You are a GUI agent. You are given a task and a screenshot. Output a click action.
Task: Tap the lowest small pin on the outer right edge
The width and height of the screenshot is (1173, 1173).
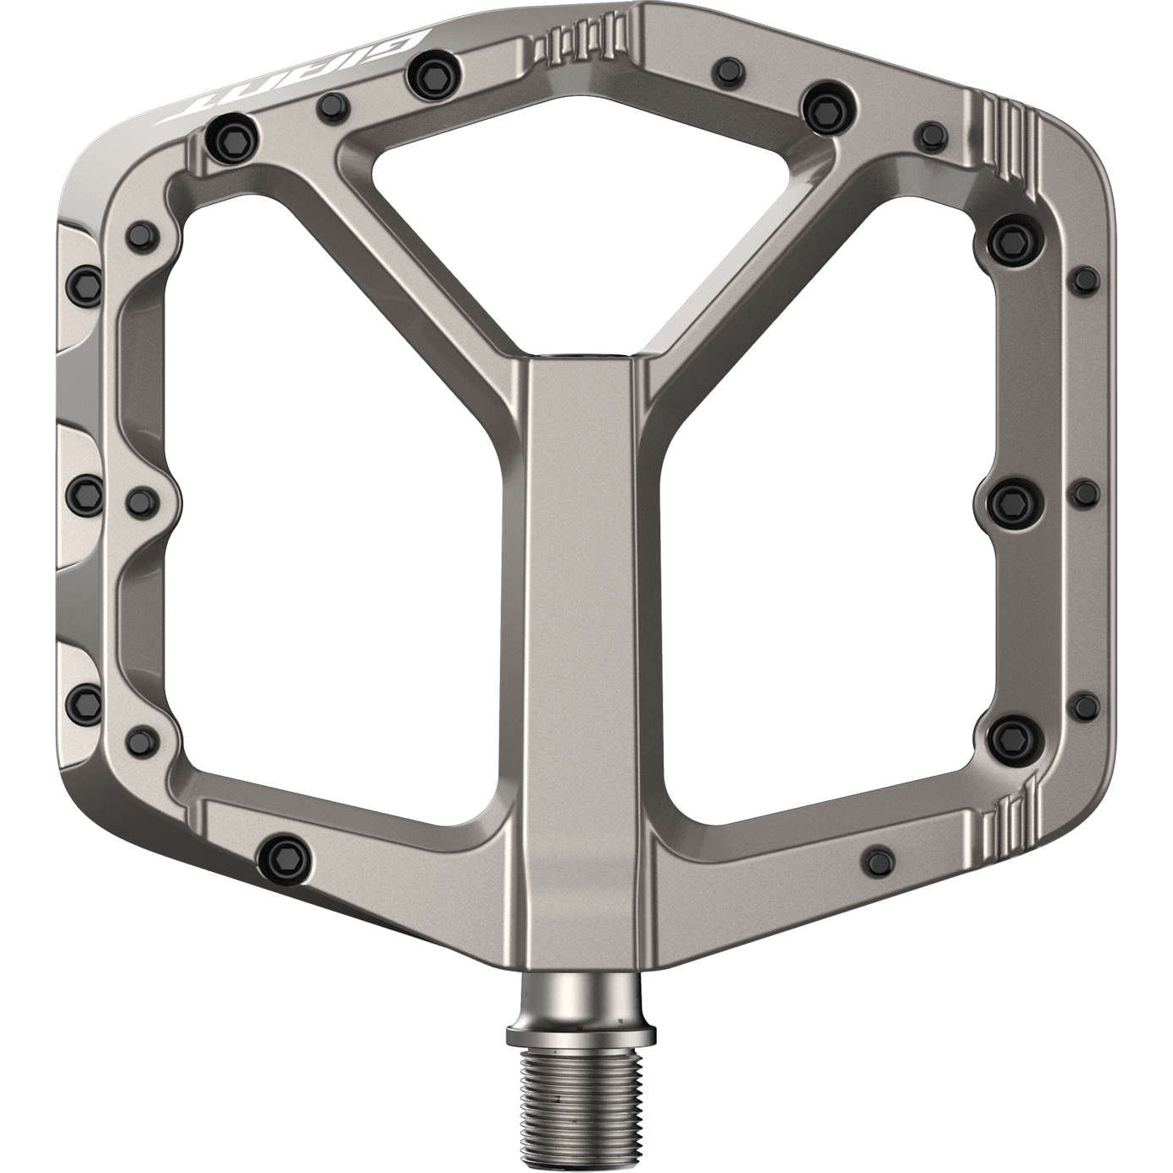1084,702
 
